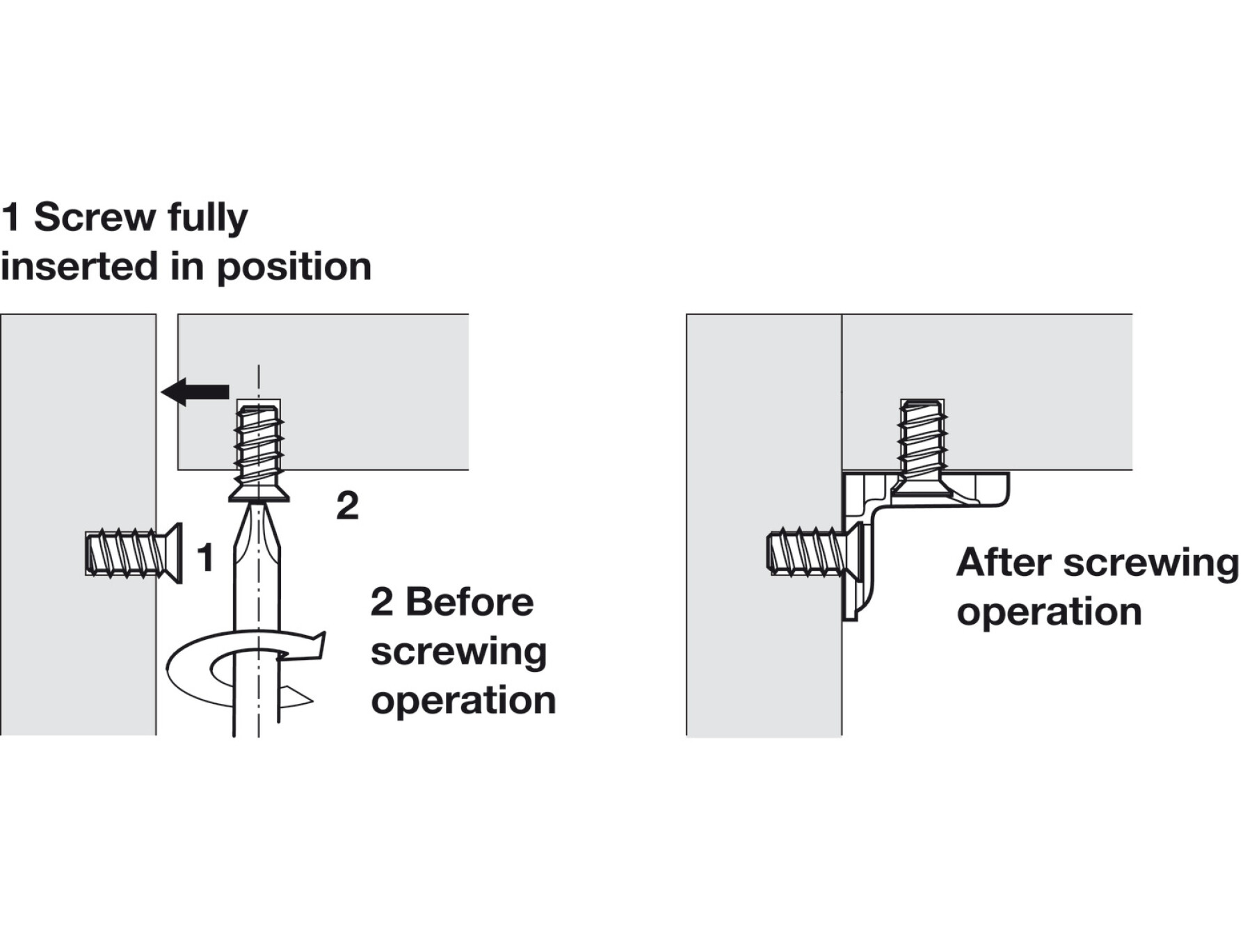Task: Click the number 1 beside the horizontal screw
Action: pyautogui.click(x=204, y=557)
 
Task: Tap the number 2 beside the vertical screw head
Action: pyautogui.click(x=347, y=506)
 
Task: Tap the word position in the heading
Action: pyautogui.click(x=294, y=268)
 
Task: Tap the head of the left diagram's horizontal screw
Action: pyautogui.click(x=172, y=553)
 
